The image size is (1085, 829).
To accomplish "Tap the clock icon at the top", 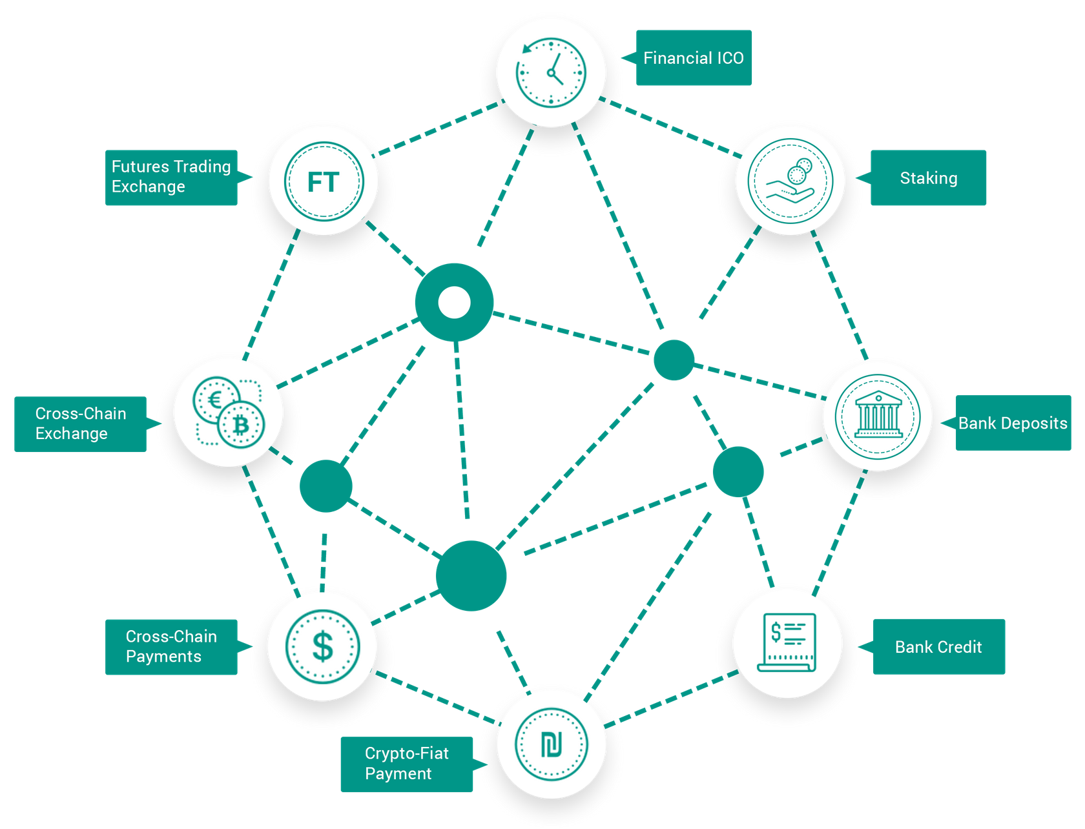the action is [551, 72].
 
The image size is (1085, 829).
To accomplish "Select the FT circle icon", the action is [324, 181].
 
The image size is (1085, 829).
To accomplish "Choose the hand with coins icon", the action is [790, 181].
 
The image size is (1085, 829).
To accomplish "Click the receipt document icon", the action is [787, 643].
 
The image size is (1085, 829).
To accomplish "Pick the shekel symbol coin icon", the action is [551, 744].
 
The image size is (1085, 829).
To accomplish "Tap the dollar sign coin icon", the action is [323, 647].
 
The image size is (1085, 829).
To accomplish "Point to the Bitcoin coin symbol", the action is [242, 424].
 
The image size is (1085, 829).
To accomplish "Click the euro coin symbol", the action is [216, 400].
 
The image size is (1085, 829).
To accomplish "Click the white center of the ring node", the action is [454, 302].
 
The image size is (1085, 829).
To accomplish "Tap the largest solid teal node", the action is [471, 576].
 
